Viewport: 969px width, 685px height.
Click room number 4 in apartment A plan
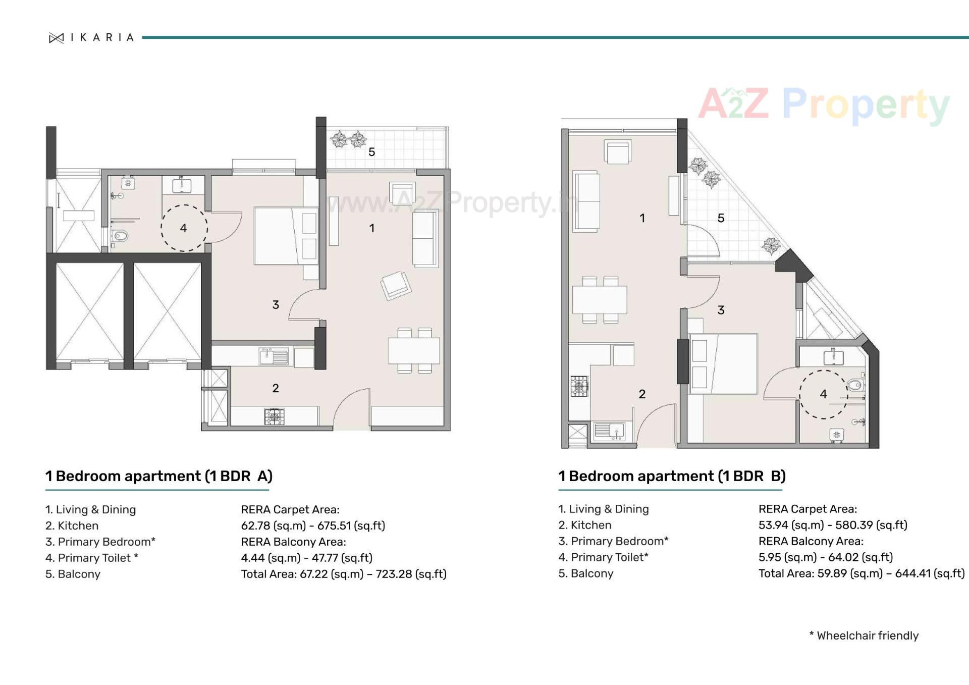pyautogui.click(x=183, y=228)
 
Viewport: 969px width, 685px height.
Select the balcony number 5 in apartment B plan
pyautogui.click(x=721, y=218)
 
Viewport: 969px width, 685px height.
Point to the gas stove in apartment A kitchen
pyautogui.click(x=274, y=416)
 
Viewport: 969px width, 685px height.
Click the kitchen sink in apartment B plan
pyautogui.click(x=609, y=431)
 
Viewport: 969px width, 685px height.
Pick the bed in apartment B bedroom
pyautogui.click(x=723, y=363)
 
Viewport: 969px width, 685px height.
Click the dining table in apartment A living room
pyautogui.click(x=413, y=350)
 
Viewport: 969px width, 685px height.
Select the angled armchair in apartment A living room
pyautogui.click(x=396, y=286)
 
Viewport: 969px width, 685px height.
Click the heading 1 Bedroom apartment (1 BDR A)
pyautogui.click(x=158, y=476)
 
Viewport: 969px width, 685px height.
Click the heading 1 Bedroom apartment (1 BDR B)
pyautogui.click(x=672, y=476)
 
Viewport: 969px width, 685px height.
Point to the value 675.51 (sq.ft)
pyautogui.click(x=351, y=525)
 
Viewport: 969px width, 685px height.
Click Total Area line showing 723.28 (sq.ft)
pyautogui.click(x=343, y=574)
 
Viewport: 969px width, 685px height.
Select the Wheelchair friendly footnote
pyautogui.click(x=864, y=636)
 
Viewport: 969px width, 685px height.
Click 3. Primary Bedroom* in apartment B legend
pyautogui.click(x=613, y=541)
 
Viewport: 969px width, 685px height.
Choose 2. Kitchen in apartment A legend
pyautogui.click(x=72, y=525)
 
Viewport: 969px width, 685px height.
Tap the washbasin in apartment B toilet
pyautogui.click(x=833, y=357)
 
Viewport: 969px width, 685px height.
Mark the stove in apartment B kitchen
pyautogui.click(x=579, y=387)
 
